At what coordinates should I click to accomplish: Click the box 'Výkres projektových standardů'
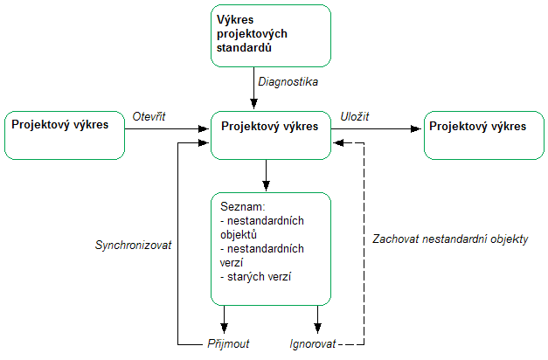click(x=271, y=36)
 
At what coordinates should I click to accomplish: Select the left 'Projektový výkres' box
click(x=66, y=135)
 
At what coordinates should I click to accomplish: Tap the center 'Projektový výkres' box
click(x=271, y=135)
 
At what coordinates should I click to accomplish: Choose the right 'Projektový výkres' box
click(x=482, y=135)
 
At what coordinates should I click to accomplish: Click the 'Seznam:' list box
click(x=271, y=247)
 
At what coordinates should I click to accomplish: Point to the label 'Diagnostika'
click(x=288, y=81)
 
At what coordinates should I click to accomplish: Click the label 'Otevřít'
click(x=149, y=115)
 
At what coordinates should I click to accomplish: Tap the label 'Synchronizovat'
click(x=132, y=246)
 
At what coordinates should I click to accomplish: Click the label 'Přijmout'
click(x=227, y=344)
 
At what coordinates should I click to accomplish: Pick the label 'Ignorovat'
click(x=311, y=344)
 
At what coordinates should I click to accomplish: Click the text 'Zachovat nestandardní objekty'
click(x=450, y=239)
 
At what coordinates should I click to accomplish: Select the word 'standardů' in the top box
click(x=245, y=49)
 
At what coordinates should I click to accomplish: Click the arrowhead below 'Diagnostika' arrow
click(x=251, y=105)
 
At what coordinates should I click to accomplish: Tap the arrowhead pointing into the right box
click(x=419, y=129)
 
